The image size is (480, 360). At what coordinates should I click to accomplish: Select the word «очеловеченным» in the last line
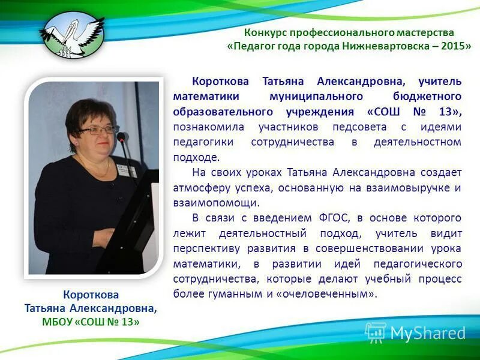tap(330, 294)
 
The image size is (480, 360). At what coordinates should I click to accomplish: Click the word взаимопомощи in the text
tap(216, 203)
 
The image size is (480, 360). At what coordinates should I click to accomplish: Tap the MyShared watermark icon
tap(376, 332)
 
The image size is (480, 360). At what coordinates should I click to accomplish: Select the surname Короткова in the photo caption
tap(91, 295)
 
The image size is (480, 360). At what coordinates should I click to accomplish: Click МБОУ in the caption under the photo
tap(58, 322)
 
